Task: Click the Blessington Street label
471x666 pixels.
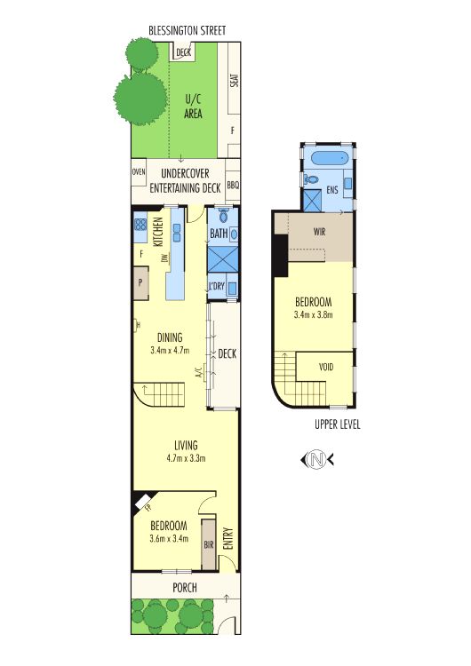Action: [x=187, y=31]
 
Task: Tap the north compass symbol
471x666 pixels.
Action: [x=316, y=459]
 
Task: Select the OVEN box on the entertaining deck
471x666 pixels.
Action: [x=139, y=172]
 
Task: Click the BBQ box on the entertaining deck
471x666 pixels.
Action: [x=233, y=186]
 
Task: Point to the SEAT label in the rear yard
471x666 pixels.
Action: [x=234, y=80]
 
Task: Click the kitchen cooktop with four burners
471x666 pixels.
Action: [x=140, y=229]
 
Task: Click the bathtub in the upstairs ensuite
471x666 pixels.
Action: [x=331, y=160]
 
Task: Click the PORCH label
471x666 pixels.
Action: [x=185, y=588]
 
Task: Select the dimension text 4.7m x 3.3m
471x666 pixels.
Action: [x=185, y=459]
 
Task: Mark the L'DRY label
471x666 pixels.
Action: [x=215, y=286]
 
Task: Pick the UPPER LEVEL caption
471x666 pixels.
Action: [x=338, y=424]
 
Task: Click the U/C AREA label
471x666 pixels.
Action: [x=193, y=107]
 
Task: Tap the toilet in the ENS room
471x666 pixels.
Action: [x=311, y=178]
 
